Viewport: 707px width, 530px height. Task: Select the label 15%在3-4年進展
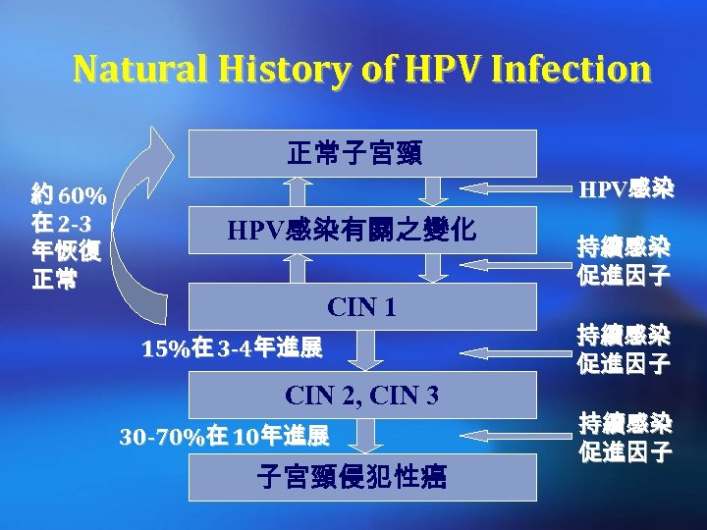pyautogui.click(x=230, y=347)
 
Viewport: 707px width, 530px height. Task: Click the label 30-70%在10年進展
pyautogui.click(x=224, y=435)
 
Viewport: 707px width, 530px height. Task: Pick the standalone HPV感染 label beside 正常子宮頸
pyautogui.click(x=625, y=188)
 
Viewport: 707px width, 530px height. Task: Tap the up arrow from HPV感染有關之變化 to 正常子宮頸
pyautogui.click(x=296, y=191)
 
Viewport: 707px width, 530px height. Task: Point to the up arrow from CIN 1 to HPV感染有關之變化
pyautogui.click(x=296, y=268)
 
